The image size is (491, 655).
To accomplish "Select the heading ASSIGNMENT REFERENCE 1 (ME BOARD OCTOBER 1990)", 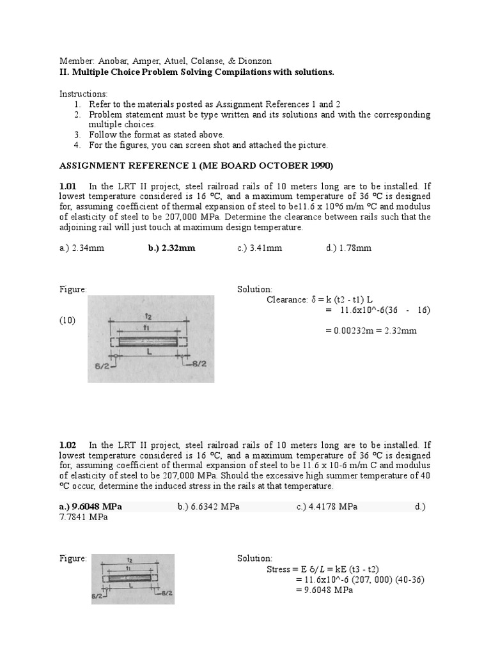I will (196, 166).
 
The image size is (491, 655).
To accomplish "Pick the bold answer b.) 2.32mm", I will (171, 248).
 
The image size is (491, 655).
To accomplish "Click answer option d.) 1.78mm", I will (348, 248).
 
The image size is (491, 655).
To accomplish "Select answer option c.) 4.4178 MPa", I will (327, 507).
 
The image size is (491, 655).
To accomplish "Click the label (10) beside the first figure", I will (68, 320).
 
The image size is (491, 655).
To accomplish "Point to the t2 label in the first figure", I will (148, 316).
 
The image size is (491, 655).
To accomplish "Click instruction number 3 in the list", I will (77, 135).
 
